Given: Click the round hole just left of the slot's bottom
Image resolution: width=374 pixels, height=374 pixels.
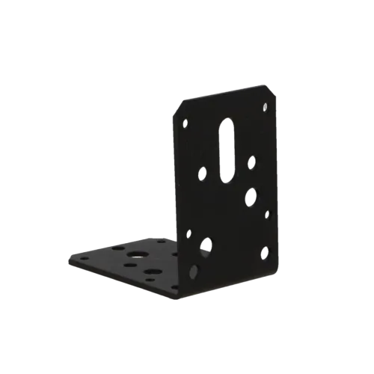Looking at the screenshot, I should (203, 173).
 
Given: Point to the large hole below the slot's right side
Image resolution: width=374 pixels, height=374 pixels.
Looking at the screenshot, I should (251, 196).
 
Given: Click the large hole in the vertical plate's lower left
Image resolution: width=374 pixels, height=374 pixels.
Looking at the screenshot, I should (206, 244).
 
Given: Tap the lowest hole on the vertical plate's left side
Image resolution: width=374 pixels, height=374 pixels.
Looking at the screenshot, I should (194, 271).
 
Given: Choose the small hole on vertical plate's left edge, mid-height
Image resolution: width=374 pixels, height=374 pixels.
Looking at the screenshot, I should (188, 233).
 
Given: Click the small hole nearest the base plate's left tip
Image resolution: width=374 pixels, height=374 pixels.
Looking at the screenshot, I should (84, 258).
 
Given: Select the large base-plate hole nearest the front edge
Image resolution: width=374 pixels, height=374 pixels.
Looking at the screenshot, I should (152, 271).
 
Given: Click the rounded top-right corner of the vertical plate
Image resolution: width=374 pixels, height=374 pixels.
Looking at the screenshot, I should (278, 88).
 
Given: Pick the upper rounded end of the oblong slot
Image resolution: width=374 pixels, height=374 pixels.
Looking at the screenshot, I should (227, 120).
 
